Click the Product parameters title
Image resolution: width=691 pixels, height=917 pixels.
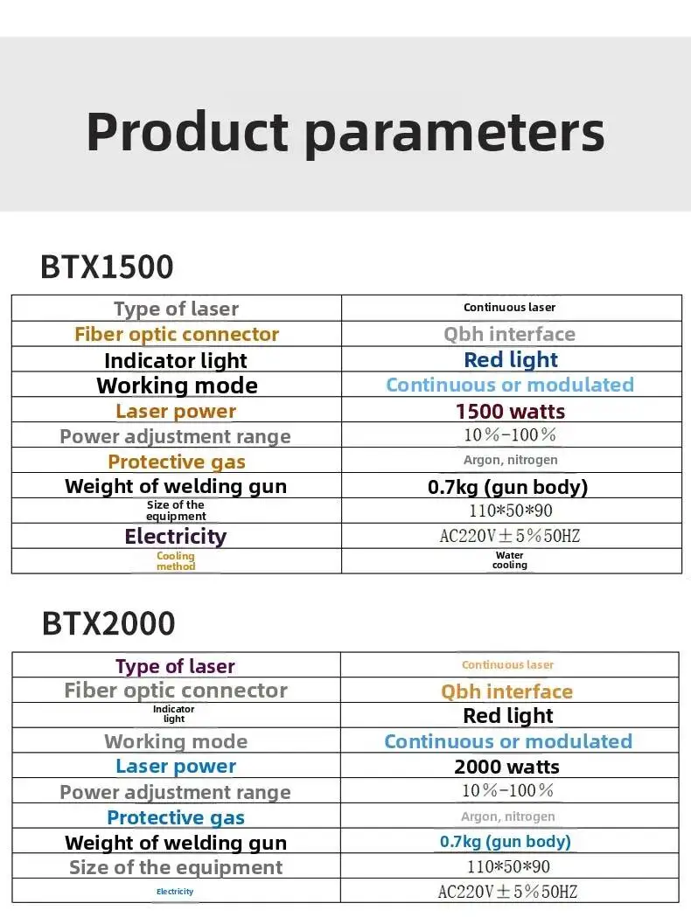(x=345, y=132)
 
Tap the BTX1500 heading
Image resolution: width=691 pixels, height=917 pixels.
(x=107, y=267)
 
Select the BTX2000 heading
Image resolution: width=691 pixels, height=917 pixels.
(x=108, y=623)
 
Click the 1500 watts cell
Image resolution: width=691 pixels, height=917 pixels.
(x=510, y=411)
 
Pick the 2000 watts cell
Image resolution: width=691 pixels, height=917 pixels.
(x=506, y=767)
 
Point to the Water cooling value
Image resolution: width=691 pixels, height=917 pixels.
(x=510, y=559)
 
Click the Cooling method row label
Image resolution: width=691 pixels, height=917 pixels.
(x=176, y=561)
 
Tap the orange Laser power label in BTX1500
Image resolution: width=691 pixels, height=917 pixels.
(x=176, y=411)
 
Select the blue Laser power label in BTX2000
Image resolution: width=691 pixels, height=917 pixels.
(x=176, y=766)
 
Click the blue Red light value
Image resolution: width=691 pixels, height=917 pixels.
(x=511, y=359)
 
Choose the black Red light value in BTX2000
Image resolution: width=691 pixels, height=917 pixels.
(x=508, y=715)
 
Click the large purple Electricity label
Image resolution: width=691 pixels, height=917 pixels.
(x=176, y=536)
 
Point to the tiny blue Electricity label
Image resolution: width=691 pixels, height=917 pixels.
(x=175, y=892)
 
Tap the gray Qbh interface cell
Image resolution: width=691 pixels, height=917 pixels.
(x=510, y=334)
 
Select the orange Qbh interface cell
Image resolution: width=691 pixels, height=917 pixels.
(x=506, y=691)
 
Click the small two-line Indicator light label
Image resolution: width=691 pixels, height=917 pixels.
(x=174, y=713)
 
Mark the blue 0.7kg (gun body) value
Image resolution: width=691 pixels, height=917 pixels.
(x=506, y=842)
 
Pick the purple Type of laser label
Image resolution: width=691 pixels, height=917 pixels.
(x=175, y=666)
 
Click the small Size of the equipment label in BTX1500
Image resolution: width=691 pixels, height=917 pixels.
(x=176, y=510)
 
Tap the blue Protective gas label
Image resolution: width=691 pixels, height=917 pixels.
(x=176, y=817)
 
